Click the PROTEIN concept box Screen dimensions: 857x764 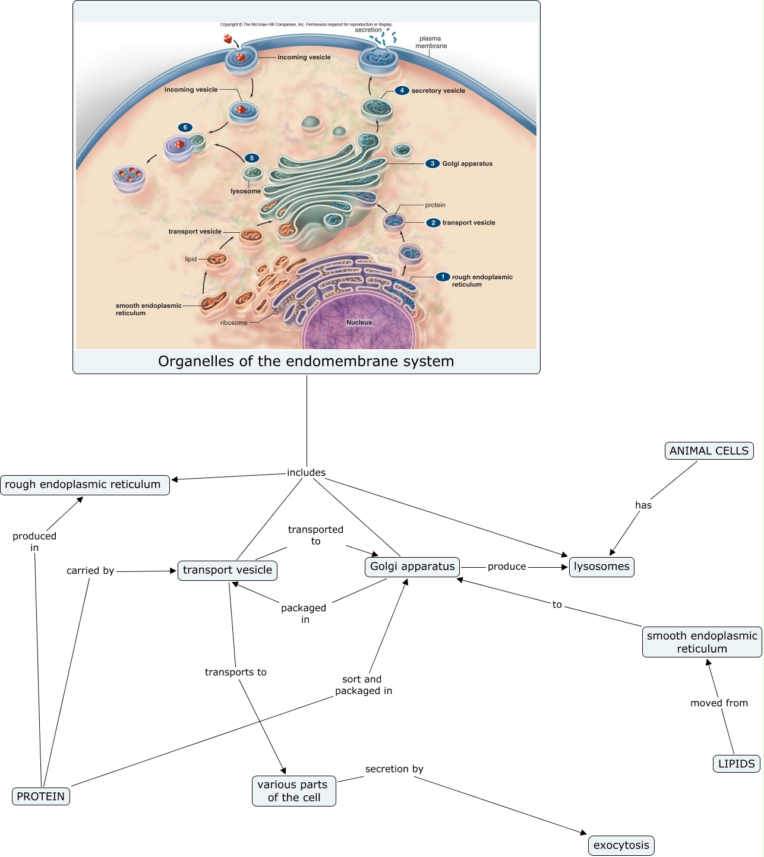41,796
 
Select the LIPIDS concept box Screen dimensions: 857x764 736,764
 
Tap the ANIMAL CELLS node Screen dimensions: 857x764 709,451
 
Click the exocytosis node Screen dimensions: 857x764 621,845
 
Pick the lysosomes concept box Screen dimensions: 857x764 601,567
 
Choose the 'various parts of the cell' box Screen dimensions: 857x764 293,791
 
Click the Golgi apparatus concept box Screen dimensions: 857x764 412,567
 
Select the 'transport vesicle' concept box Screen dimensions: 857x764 228,570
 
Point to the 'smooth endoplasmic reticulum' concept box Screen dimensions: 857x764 702,642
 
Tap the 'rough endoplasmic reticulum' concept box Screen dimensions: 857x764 84,485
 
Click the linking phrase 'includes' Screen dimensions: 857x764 306,473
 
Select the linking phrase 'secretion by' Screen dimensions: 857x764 394,769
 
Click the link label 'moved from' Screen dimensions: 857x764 719,703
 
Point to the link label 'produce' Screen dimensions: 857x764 507,567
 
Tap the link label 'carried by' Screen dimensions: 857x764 90,571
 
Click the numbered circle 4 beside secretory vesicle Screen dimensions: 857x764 402,90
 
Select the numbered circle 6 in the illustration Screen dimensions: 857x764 185,127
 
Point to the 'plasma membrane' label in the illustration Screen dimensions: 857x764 431,42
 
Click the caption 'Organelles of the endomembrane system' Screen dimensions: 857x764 306,361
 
